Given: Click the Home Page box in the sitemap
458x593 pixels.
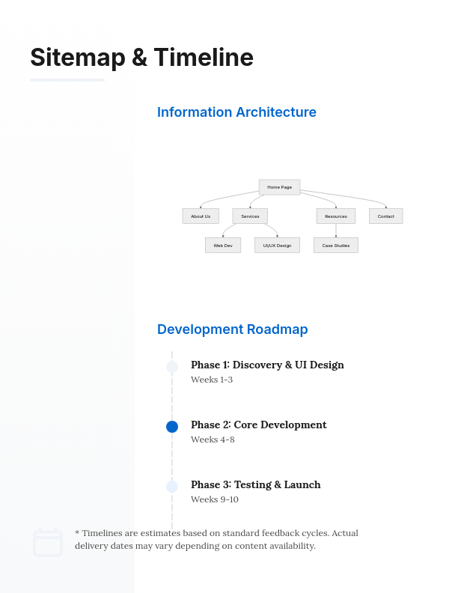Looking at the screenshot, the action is (x=279, y=187).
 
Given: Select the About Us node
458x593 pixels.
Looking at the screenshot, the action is (x=201, y=216).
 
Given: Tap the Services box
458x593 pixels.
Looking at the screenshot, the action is (x=250, y=216).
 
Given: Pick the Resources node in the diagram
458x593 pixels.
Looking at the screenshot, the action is (x=336, y=216).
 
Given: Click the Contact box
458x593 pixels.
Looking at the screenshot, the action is (x=385, y=216).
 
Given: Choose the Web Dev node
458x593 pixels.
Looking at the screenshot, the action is (x=223, y=246).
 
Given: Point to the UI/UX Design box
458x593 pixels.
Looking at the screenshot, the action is (x=277, y=246).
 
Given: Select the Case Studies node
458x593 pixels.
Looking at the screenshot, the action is (x=336, y=246).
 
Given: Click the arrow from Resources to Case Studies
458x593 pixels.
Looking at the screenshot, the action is (x=336, y=231).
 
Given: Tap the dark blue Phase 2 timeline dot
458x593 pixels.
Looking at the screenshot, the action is (x=172, y=427).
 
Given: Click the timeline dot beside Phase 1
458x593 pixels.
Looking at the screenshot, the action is (x=172, y=367).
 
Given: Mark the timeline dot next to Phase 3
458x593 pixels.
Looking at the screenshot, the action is (x=172, y=487).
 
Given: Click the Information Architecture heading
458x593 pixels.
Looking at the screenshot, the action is (x=236, y=112).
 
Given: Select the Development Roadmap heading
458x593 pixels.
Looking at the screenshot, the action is (x=232, y=329).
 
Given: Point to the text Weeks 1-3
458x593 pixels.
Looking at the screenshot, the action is (x=212, y=380).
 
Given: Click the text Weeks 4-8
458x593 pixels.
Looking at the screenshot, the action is (x=213, y=440).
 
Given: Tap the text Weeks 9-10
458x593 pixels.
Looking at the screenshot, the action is (x=215, y=499).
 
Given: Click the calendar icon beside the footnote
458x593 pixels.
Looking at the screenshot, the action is (x=48, y=542).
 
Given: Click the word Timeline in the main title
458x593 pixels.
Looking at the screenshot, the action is (x=204, y=58).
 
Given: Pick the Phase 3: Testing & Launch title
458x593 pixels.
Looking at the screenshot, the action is (x=255, y=484).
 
